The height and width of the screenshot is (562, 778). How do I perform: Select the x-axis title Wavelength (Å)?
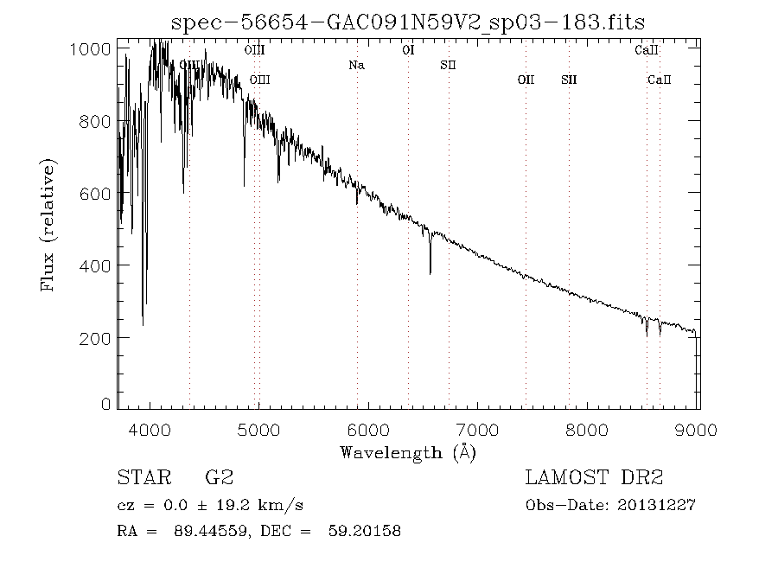pyautogui.click(x=407, y=451)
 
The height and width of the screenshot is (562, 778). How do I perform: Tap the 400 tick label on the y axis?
pyautogui.click(x=96, y=265)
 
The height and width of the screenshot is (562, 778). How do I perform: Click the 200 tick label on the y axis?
pyautogui.click(x=96, y=337)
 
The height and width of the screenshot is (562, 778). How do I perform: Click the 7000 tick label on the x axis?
pyautogui.click(x=479, y=430)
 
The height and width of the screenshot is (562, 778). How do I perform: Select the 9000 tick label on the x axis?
pyautogui.click(x=698, y=430)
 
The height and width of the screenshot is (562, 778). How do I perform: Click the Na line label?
pyautogui.click(x=356, y=65)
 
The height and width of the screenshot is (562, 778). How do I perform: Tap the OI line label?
pyautogui.click(x=408, y=50)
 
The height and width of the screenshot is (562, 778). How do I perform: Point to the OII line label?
pyautogui.click(x=526, y=80)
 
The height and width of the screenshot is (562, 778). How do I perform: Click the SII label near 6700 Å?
pyautogui.click(x=448, y=65)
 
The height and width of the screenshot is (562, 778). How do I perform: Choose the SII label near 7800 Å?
pyautogui.click(x=568, y=80)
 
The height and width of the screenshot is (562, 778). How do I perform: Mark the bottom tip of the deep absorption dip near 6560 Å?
pyautogui.click(x=430, y=273)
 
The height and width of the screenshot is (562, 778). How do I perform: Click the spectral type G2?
pyautogui.click(x=219, y=477)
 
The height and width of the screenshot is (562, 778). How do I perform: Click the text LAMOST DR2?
pyautogui.click(x=594, y=477)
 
